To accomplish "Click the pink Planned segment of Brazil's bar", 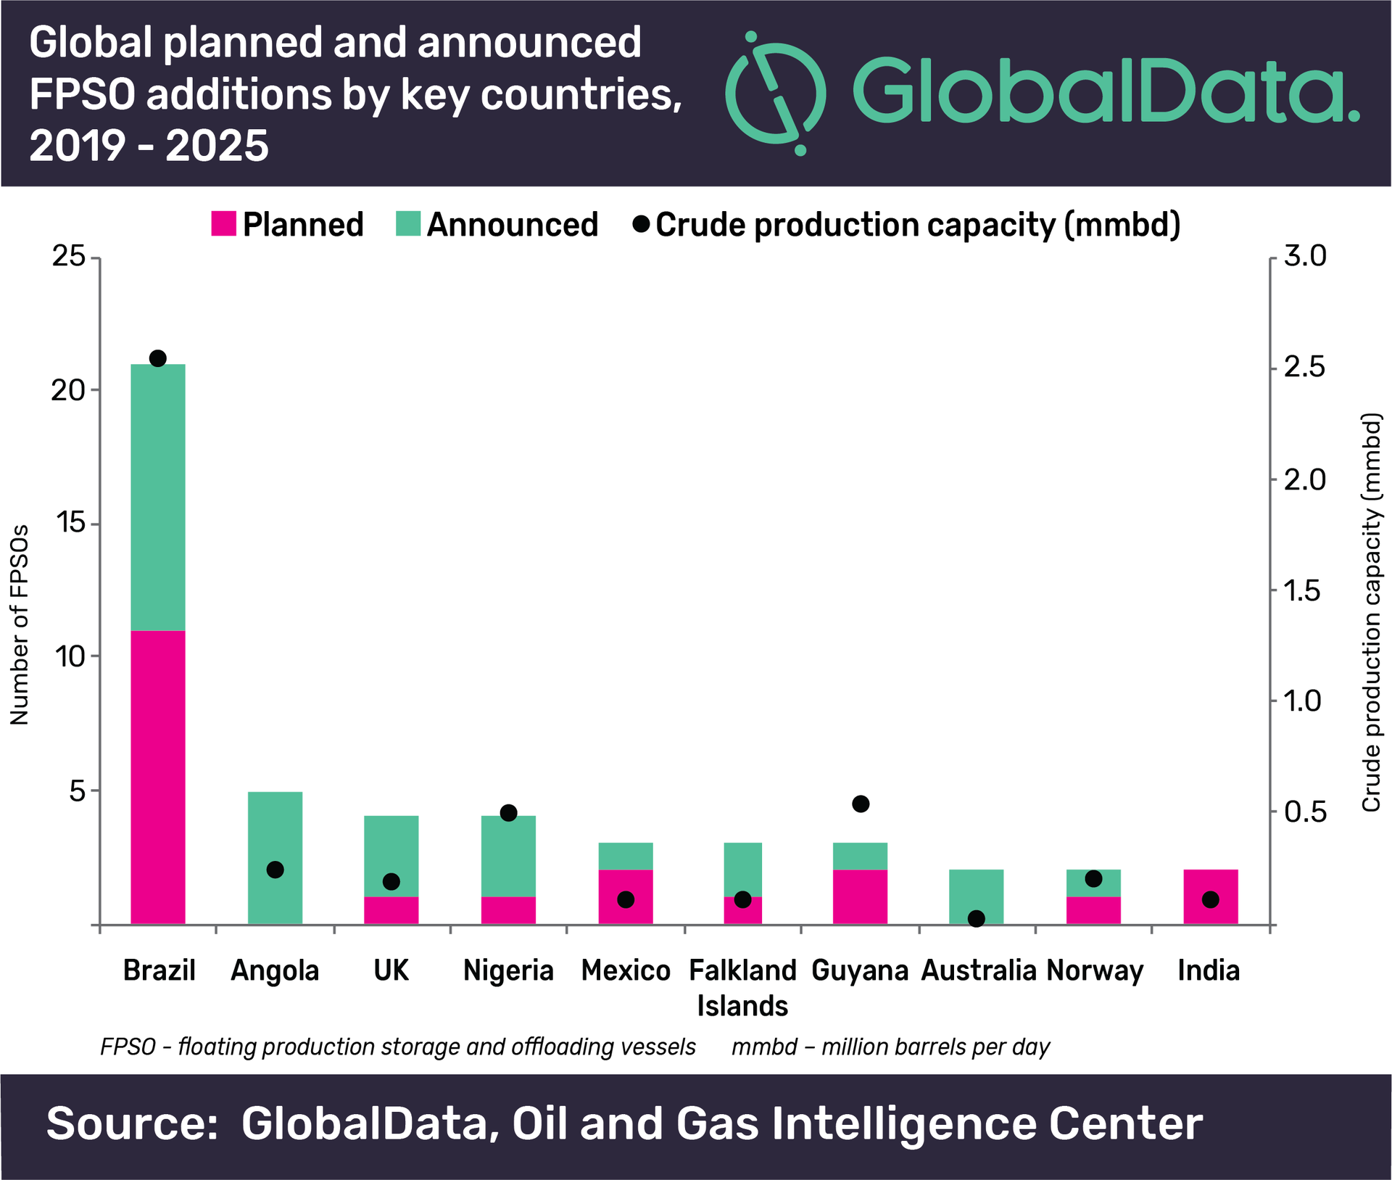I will [x=158, y=776].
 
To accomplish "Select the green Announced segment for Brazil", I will [x=158, y=497].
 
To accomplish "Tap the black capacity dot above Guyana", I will [x=861, y=804].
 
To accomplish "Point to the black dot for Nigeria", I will [x=509, y=812].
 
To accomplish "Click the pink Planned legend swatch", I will [x=224, y=224].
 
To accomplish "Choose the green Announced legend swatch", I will [x=408, y=224].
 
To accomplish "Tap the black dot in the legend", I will [x=641, y=224].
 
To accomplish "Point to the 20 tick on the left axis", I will [x=68, y=390].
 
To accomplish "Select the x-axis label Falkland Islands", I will [x=742, y=987].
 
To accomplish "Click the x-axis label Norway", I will [x=1095, y=970].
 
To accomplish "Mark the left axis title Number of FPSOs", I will [x=20, y=624].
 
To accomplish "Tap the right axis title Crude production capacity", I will [x=1371, y=613].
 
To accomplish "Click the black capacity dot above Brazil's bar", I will [x=158, y=358].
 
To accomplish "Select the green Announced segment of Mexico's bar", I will [x=626, y=856].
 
